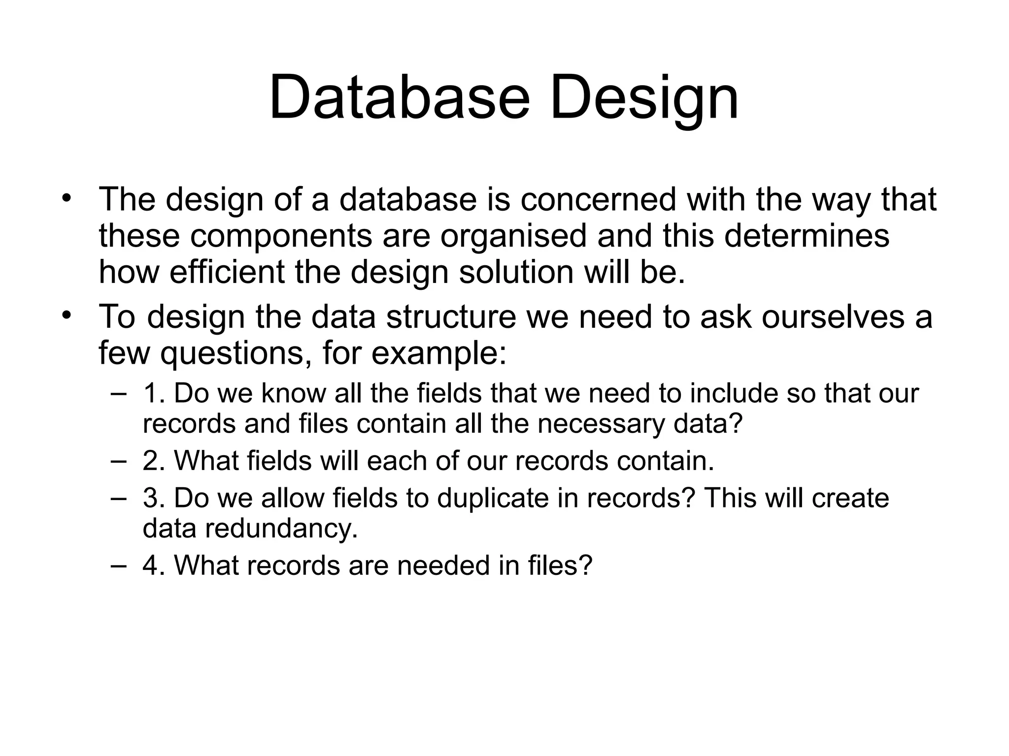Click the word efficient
(x=227, y=272)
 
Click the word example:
(x=438, y=353)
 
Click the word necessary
(x=601, y=424)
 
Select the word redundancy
(x=281, y=528)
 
